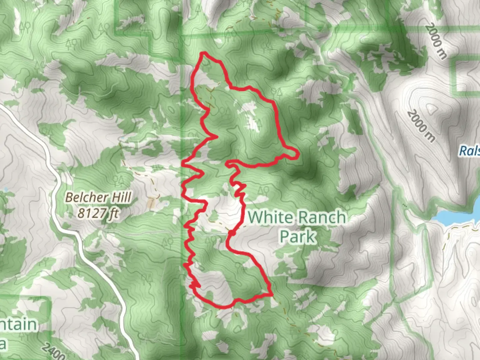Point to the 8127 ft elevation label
click(98, 213)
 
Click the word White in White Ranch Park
click(269, 217)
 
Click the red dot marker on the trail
click(230, 233)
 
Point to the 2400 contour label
click(53, 351)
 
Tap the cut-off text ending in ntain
click(18, 324)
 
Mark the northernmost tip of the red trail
click(203, 53)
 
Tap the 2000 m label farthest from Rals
click(436, 41)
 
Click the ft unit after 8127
click(113, 213)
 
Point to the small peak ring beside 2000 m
click(431, 108)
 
